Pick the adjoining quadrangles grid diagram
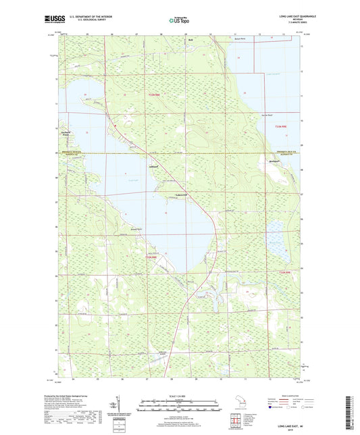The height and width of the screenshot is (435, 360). pyautogui.click(x=233, y=423)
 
